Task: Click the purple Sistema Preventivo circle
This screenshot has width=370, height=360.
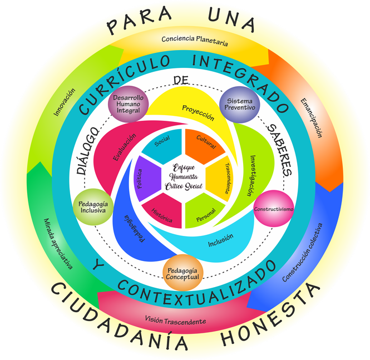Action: (x=240, y=103)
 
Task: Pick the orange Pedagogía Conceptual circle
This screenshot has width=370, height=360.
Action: (x=182, y=272)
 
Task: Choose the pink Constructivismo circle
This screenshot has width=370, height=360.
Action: (x=273, y=209)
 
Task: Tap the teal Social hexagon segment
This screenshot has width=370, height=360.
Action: (x=162, y=142)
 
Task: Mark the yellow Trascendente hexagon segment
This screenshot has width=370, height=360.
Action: (x=225, y=177)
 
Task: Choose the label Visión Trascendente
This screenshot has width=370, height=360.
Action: (x=175, y=321)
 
